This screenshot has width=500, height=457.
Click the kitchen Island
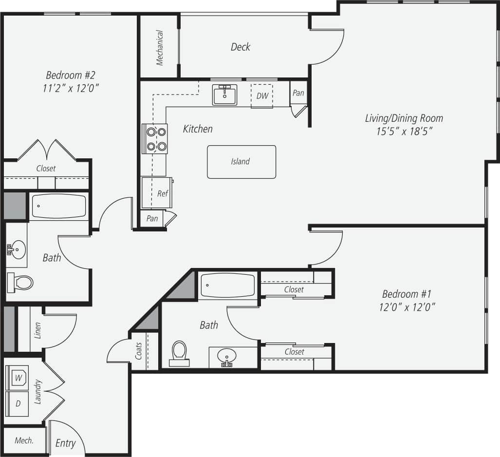click(241, 162)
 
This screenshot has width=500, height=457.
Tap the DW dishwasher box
click(262, 95)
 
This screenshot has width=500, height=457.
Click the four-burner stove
click(154, 138)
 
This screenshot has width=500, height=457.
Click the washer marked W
click(18, 377)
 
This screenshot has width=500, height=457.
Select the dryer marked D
click(18, 404)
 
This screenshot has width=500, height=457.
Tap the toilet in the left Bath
click(20, 282)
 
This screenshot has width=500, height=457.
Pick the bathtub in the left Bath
click(59, 207)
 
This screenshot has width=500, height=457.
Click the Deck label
click(241, 47)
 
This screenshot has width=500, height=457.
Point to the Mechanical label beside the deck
click(160, 48)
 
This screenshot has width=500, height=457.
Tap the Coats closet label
click(139, 351)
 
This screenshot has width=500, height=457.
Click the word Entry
click(65, 443)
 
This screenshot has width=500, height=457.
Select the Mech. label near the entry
click(24, 440)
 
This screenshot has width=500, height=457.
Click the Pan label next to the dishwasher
click(298, 93)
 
